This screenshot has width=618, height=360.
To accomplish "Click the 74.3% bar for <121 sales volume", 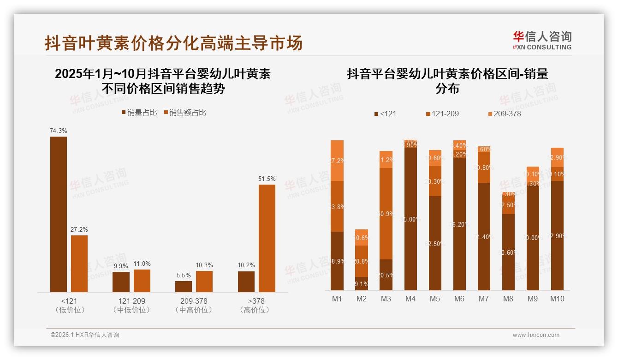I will pyautogui.click(x=59, y=214).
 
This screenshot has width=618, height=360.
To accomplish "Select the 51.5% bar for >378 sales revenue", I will pyautogui.click(x=267, y=238).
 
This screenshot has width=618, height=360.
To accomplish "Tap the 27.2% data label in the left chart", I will pyautogui.click(x=79, y=229).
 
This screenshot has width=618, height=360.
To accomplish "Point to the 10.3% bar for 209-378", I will pyautogui.click(x=204, y=281).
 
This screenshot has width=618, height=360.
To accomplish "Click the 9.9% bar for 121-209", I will pyautogui.click(x=121, y=282).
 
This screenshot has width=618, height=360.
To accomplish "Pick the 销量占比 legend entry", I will pyautogui.click(x=139, y=113).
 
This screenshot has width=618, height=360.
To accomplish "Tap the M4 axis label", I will pyautogui.click(x=410, y=299).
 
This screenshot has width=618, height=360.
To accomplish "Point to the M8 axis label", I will pyautogui.click(x=508, y=299).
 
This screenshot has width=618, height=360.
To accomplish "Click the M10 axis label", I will pyautogui.click(x=557, y=299).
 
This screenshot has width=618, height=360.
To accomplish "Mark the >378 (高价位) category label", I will pyautogui.click(x=254, y=306).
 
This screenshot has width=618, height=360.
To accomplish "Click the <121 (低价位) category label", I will pyautogui.click(x=70, y=306).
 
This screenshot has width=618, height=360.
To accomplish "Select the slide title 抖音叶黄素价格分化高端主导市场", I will pyautogui.click(x=173, y=43).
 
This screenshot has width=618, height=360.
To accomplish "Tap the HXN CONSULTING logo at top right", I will pyautogui.click(x=542, y=41).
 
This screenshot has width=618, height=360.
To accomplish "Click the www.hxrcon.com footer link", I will pyautogui.click(x=536, y=335).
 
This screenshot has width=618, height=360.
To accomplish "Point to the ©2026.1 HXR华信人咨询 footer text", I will pyautogui.click(x=85, y=335).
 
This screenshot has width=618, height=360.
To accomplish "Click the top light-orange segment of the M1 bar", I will pyautogui.click(x=337, y=160).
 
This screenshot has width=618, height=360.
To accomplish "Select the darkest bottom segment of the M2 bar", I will pyautogui.click(x=362, y=283).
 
